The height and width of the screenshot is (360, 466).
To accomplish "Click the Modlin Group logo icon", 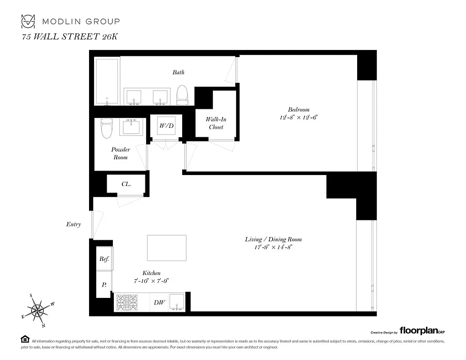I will (x=28, y=21).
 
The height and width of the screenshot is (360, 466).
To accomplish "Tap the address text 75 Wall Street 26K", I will (x=70, y=37).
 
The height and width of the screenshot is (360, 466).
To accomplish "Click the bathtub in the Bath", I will (x=108, y=81).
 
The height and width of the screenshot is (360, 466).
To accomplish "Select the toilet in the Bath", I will (x=182, y=94).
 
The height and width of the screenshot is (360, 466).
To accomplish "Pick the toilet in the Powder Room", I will (x=107, y=128).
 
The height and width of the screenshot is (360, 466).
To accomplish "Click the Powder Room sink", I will (x=132, y=126).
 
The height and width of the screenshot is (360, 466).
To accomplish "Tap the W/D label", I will (x=166, y=126).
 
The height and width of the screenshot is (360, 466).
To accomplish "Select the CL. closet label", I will (x=126, y=184).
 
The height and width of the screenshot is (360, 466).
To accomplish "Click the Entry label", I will (x=73, y=224).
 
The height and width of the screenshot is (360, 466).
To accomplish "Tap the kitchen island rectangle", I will (x=166, y=248).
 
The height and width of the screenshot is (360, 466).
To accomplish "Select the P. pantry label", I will (x=104, y=284).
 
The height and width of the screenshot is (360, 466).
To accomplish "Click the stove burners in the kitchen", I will (x=127, y=302).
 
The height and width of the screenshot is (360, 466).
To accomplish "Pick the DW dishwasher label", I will (x=159, y=303).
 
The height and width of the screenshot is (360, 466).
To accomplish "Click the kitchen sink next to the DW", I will (x=177, y=302).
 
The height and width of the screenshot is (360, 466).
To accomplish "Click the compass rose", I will (x=38, y=310).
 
